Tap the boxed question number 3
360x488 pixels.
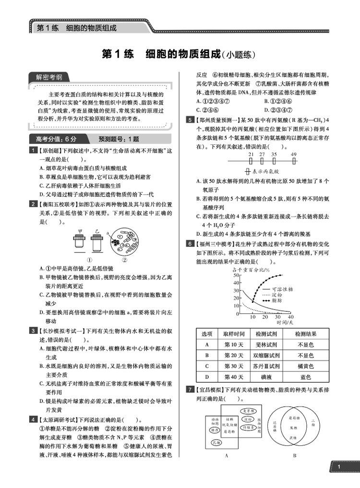coord(32,331)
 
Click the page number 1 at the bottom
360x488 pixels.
coord(339,467)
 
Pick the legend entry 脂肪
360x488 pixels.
coord(276,301)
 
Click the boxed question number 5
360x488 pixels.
coord(190,120)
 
